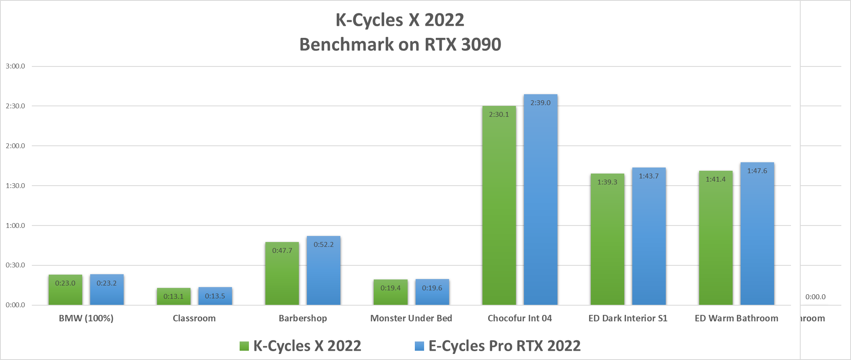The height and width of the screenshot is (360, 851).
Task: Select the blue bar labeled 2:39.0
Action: (540, 201)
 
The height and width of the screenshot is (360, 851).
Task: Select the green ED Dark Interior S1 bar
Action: (607, 242)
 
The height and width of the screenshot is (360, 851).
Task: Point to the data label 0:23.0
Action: (65, 283)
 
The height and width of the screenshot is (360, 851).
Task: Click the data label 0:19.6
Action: (432, 288)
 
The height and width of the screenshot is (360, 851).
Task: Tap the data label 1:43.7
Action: (648, 176)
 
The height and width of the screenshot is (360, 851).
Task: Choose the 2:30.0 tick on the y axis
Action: (15, 106)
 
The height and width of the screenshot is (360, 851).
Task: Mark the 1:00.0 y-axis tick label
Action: (15, 226)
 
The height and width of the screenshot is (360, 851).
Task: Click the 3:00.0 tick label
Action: (15, 66)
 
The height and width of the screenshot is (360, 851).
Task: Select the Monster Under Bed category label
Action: (411, 318)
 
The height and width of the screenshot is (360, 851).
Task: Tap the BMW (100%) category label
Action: (86, 318)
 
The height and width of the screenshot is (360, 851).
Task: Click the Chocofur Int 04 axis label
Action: (520, 318)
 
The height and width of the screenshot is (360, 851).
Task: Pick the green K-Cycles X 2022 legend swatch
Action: (244, 346)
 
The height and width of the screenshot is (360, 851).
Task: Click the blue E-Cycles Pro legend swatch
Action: (419, 346)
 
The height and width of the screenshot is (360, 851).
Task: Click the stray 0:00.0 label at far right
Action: (815, 297)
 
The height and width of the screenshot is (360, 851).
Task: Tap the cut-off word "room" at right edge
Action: (812, 318)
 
